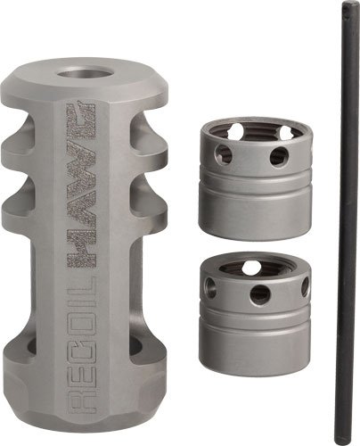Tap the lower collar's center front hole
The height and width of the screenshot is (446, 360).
(258, 293)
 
